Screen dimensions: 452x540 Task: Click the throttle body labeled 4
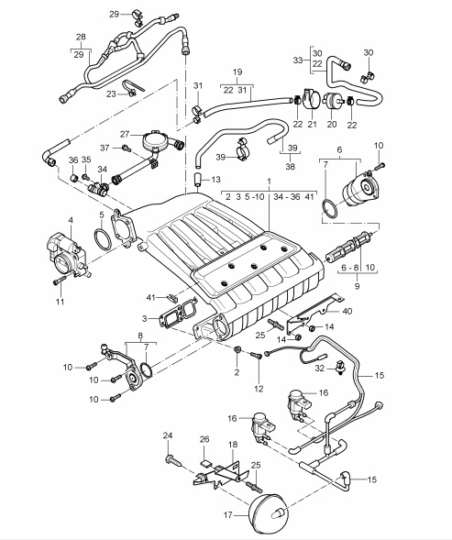click(69, 254)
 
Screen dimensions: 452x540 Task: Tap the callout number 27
click(125, 134)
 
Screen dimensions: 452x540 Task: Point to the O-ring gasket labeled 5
click(103, 239)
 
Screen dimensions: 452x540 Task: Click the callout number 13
click(215, 180)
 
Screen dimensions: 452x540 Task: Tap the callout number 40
click(347, 311)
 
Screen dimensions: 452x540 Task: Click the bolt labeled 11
click(60, 281)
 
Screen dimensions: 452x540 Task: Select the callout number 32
click(320, 369)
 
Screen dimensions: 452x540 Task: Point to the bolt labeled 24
click(175, 461)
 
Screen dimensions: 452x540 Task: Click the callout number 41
click(151, 297)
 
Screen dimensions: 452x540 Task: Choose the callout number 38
click(291, 167)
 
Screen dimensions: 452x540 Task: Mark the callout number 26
click(204, 439)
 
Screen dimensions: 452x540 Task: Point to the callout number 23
click(111, 94)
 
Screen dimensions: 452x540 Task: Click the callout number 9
click(357, 286)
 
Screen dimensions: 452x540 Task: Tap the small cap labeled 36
click(73, 178)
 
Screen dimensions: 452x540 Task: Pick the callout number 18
click(233, 445)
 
